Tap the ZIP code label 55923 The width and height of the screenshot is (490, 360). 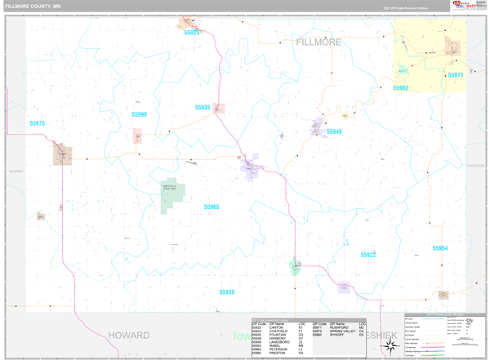coord(191,33)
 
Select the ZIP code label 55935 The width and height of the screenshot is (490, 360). coord(203,108)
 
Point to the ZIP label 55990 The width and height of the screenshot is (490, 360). coord(139,115)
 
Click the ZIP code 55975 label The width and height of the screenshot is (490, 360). coord(37,123)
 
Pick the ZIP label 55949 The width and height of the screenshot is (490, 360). coord(334,131)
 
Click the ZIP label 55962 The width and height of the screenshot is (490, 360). coord(400,88)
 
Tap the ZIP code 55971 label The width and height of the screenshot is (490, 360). coord(455,75)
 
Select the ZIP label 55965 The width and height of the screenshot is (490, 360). coord(212,207)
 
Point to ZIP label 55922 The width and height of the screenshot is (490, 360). coord(368,255)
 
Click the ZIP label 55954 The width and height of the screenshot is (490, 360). coord(439,248)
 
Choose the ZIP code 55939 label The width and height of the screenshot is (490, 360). coord(227,291)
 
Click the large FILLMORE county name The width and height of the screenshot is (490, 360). coord(318,42)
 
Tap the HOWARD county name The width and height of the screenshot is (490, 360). coord(128,336)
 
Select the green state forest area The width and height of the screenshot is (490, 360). coord(172,196)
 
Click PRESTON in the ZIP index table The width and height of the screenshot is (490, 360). coord(278,353)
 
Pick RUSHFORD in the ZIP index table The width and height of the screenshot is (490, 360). coord(341,327)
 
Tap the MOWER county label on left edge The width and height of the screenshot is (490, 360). coord(16,171)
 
